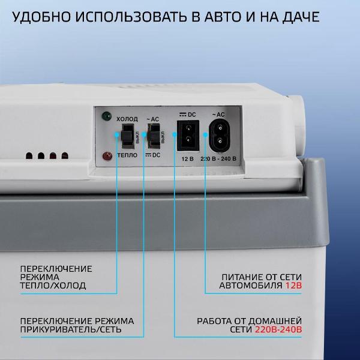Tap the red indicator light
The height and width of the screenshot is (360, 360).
point(107,156)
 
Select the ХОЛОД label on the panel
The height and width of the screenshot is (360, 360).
point(127,119)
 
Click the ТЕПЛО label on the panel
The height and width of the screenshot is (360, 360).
point(127,155)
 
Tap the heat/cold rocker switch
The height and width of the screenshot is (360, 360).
point(127,137)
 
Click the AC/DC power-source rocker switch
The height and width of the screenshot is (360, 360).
point(154,136)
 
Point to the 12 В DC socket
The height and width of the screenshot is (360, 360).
point(188,136)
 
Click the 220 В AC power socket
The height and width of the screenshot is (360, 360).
point(219,136)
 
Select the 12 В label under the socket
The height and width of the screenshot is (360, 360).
point(187,159)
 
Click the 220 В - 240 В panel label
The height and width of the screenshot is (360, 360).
point(218,158)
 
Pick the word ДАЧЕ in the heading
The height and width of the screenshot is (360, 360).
point(301,17)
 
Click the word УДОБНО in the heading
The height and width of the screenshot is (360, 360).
point(41,17)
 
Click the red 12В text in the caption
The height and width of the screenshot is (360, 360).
point(293,286)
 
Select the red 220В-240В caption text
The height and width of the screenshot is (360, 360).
point(278,329)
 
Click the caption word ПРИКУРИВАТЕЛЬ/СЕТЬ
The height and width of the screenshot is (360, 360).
point(71,329)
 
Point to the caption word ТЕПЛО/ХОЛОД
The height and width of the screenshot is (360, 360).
point(53,286)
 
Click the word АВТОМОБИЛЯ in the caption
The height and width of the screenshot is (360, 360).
point(251,286)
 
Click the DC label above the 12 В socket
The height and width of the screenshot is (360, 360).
point(192,115)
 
